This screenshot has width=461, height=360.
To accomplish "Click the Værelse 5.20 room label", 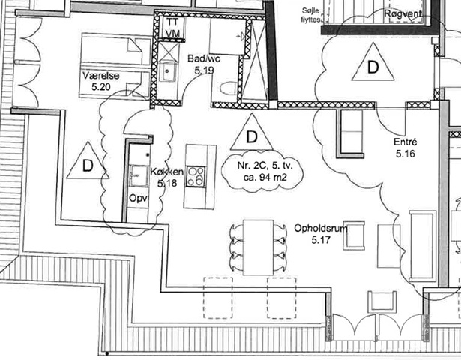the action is click(101, 81).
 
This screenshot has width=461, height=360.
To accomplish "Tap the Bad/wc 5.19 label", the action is click(204, 64).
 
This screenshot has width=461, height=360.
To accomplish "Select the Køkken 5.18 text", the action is click(167, 177).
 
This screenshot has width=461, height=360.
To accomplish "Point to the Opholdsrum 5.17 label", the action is click(321, 234).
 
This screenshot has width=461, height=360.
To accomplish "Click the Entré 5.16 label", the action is click(405, 148).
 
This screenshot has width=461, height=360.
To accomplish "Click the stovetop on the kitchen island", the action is click(196, 176).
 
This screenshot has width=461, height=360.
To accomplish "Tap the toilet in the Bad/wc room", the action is click(229, 88).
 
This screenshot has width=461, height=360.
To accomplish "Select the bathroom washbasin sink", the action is click(168, 71).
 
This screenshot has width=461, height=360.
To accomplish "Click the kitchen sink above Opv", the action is click(139, 176).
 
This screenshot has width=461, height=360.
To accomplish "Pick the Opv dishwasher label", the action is click(138, 199).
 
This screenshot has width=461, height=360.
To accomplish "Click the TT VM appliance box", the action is click(172, 28).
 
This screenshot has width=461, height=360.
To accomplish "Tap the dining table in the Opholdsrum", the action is click(259, 247).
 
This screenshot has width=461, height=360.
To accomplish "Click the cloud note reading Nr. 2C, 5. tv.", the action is click(262, 171).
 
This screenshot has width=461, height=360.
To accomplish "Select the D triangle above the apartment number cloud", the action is click(252, 133).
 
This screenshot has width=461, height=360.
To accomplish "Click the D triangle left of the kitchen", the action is click(88, 162).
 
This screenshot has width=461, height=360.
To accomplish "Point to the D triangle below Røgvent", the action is click(373, 63).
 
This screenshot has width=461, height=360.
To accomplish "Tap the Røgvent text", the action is click(403, 13).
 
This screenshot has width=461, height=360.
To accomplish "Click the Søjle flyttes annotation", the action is click(311, 16).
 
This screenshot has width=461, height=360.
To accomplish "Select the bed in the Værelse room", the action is click(115, 65).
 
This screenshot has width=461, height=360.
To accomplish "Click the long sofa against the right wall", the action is click(422, 245).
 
